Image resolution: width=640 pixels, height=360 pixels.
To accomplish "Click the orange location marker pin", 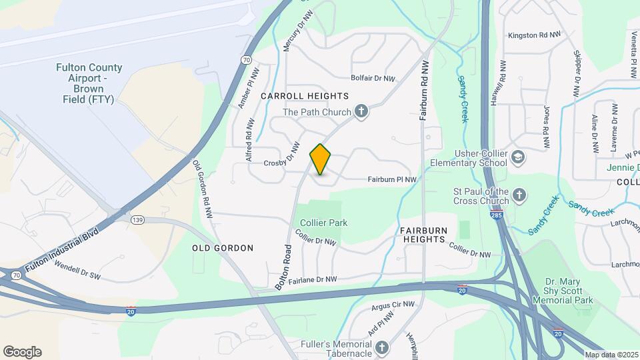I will click(321, 159).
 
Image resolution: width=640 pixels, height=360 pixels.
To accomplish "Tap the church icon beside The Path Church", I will click(361, 111).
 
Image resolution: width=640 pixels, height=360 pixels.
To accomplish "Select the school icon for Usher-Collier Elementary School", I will click(519, 157).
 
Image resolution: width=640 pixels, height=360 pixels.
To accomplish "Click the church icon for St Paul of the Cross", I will click(519, 195).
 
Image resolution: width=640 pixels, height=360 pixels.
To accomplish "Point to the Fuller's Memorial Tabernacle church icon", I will click(383, 347).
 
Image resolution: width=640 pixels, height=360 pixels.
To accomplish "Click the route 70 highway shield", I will click(247, 59).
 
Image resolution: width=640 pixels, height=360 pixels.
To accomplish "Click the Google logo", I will click(22, 352).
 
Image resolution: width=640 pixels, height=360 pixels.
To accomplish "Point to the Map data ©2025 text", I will click(611, 354).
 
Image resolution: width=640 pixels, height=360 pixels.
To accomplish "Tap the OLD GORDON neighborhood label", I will click(223, 248).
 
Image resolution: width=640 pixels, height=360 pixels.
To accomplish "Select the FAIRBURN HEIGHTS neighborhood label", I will click(423, 234).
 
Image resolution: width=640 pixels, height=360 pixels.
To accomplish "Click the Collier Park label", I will click(324, 223).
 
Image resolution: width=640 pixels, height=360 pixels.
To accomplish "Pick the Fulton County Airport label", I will click(89, 83).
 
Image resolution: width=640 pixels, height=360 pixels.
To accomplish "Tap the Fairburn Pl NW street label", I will click(392, 179).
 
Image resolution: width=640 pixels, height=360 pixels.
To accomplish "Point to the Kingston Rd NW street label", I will click(534, 35).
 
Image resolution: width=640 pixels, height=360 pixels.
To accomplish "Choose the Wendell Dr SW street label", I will click(77, 272).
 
